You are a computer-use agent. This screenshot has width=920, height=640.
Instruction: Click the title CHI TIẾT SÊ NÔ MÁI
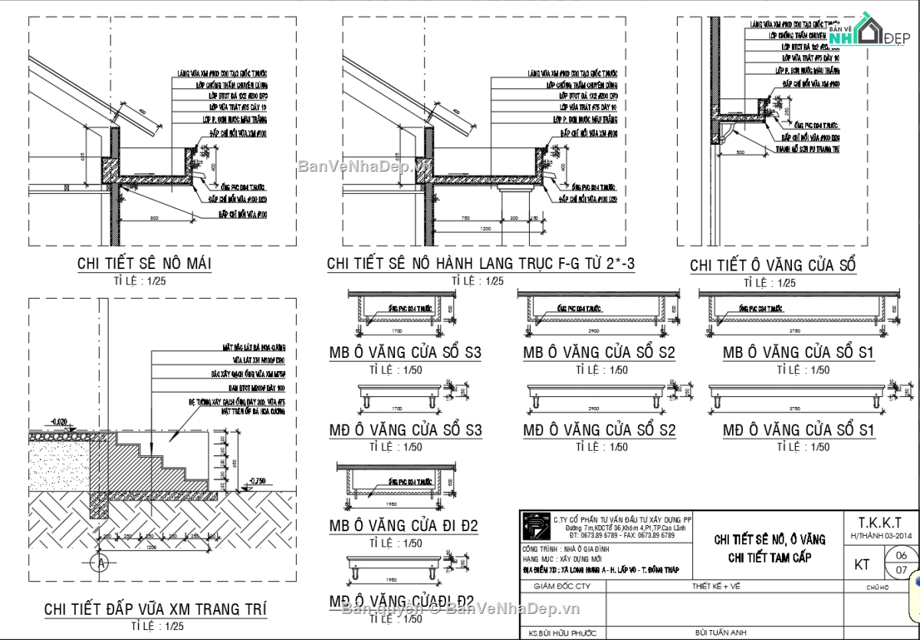(144, 264)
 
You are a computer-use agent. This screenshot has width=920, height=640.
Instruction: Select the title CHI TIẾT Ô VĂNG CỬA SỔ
(773, 265)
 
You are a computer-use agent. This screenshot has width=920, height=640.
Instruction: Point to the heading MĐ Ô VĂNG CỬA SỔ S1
(798, 430)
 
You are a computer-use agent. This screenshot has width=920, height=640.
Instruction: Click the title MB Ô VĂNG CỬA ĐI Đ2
(403, 527)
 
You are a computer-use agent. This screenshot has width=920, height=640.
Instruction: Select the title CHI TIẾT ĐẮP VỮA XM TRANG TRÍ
(156, 609)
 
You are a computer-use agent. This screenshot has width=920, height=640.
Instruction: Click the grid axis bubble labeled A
(97, 563)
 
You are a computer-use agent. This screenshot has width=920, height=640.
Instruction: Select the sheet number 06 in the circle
(901, 555)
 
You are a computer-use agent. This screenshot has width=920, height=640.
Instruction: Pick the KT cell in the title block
(862, 564)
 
